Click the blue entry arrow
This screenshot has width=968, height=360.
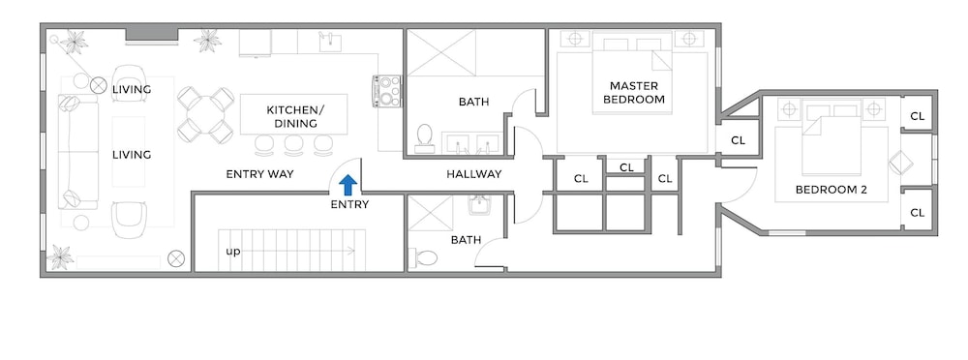pyautogui.click(x=348, y=185)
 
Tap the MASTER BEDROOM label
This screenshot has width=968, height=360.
pyautogui.click(x=634, y=92)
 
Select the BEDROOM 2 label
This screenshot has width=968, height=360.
pyautogui.click(x=831, y=190)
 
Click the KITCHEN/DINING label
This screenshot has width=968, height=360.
pyautogui.click(x=295, y=117)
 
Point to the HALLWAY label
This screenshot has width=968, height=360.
pyautogui.click(x=474, y=174)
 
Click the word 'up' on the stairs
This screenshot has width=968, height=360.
pyautogui.click(x=232, y=252)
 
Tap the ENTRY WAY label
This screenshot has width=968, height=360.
pyautogui.click(x=259, y=174)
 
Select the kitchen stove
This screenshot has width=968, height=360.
pyautogui.click(x=387, y=90)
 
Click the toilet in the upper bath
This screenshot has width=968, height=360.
pyautogui.click(x=424, y=137)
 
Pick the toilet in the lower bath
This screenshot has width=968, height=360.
pyautogui.click(x=425, y=257)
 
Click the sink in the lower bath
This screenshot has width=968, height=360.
pyautogui.click(x=478, y=204)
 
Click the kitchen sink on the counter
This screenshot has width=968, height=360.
pyautogui.click(x=330, y=41)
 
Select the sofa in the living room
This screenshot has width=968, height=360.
pyautogui.click(x=78, y=151)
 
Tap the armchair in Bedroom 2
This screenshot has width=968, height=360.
pyautogui.click(x=900, y=164)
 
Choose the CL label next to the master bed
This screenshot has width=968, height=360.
pyautogui.click(x=738, y=140)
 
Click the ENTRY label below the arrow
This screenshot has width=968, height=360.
pyautogui.click(x=349, y=204)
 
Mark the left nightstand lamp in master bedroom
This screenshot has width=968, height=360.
pyautogui.click(x=575, y=39)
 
